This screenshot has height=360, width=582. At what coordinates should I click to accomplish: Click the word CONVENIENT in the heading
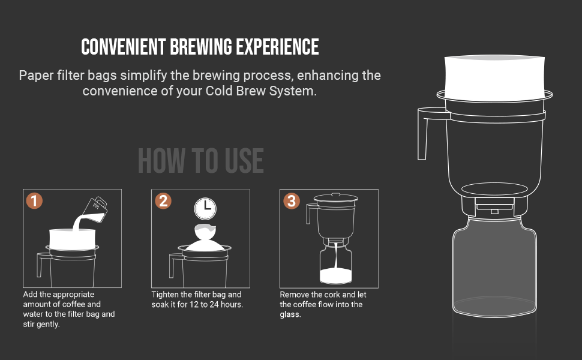click(x=123, y=47)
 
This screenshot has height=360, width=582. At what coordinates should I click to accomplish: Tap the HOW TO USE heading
click(x=201, y=161)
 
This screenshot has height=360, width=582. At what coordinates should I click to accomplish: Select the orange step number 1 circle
click(x=34, y=201)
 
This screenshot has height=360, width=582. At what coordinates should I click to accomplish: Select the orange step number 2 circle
click(x=163, y=201)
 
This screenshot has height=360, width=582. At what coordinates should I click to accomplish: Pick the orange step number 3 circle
click(x=292, y=201)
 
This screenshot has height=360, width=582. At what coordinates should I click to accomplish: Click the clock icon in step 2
click(x=205, y=209)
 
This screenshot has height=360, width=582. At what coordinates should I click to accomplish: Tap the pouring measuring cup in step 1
click(x=95, y=209)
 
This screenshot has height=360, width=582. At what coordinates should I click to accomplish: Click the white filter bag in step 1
click(x=73, y=239)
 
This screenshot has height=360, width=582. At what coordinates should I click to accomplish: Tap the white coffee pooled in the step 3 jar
click(x=336, y=276)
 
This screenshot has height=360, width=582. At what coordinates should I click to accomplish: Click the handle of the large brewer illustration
click(x=423, y=134)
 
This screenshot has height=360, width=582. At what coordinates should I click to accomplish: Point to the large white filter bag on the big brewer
click(x=494, y=78)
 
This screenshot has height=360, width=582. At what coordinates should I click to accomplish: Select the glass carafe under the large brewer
click(x=494, y=266)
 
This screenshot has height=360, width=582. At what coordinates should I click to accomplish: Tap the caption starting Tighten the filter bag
click(x=197, y=299)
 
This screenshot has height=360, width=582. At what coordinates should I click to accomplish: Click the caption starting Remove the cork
click(x=323, y=304)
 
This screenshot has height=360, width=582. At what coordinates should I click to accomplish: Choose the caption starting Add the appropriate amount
click(x=69, y=309)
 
